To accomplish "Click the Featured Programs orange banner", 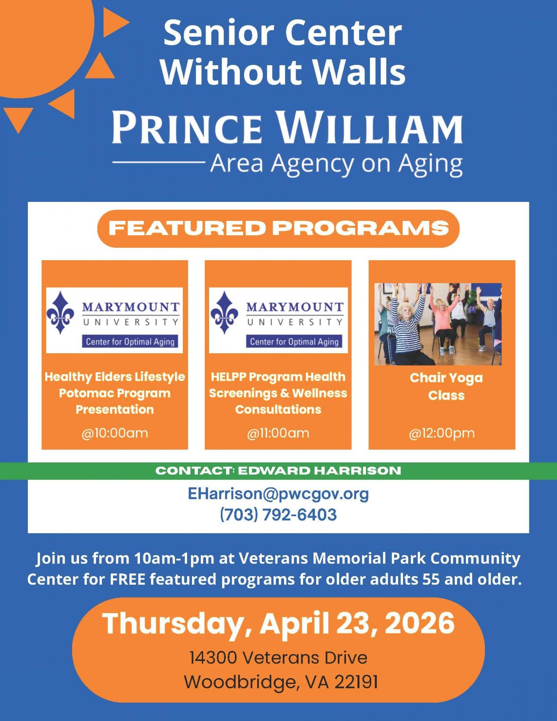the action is pyautogui.click(x=278, y=228).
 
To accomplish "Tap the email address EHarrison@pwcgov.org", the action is pyautogui.click(x=278, y=494).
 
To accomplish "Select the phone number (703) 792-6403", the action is pyautogui.click(x=278, y=515).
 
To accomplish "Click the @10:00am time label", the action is pyautogui.click(x=115, y=433).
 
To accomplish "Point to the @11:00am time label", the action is pyautogui.click(x=278, y=433).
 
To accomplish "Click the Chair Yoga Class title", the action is pyautogui.click(x=446, y=387).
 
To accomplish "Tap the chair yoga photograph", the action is pyautogui.click(x=438, y=324).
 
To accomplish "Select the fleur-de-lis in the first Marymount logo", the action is pyautogui.click(x=60, y=312).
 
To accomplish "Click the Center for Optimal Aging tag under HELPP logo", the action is pyautogui.click(x=294, y=342).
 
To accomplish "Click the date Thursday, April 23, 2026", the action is pyautogui.click(x=278, y=623).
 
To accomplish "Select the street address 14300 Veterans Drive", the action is pyautogui.click(x=278, y=658).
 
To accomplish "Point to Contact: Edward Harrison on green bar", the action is pyautogui.click(x=278, y=471).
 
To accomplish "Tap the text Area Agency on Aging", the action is pyautogui.click(x=337, y=164).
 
